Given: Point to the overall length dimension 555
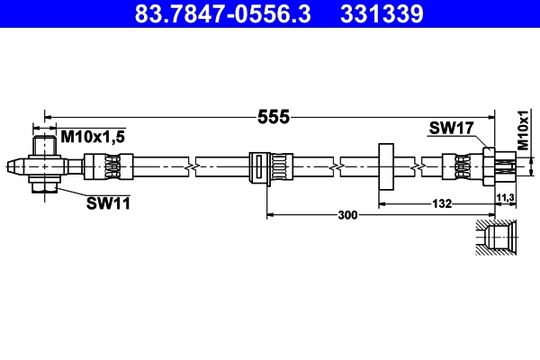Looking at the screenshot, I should tap(272, 116).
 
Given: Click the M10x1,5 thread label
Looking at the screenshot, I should tap(93, 136).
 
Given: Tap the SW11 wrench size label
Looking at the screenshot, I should tap(108, 203).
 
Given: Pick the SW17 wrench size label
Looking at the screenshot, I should tap(451, 130).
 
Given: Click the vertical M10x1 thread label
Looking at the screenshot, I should tap(523, 130).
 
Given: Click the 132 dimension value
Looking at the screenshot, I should tap(441, 204).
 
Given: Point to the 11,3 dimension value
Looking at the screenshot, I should tap(505, 196).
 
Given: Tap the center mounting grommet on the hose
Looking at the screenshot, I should tap(267, 167).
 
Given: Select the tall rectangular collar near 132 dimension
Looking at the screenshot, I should tap(386, 166).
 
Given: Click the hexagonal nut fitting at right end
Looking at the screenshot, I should tap(490, 166).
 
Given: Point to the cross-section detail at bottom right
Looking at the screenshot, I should tap(498, 238).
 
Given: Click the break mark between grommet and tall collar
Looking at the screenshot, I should tap(334, 166).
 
